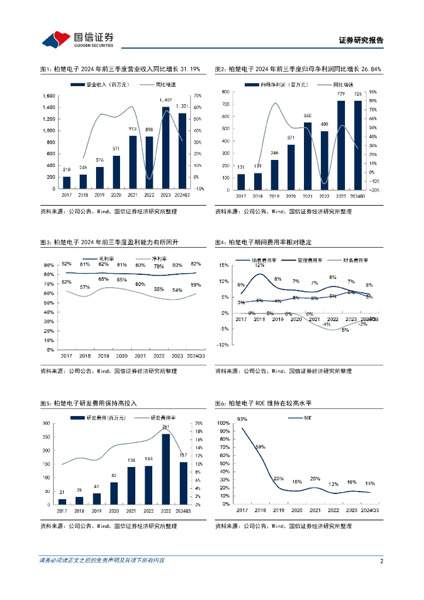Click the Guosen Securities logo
77,39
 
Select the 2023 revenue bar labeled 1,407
166,147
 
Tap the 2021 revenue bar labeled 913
133,162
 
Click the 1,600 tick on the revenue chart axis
48,96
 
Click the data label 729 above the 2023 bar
340,94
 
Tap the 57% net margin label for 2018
85,287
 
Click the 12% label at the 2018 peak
259,265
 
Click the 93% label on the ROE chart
242,419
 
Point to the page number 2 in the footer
381,561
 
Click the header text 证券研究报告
361,40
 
